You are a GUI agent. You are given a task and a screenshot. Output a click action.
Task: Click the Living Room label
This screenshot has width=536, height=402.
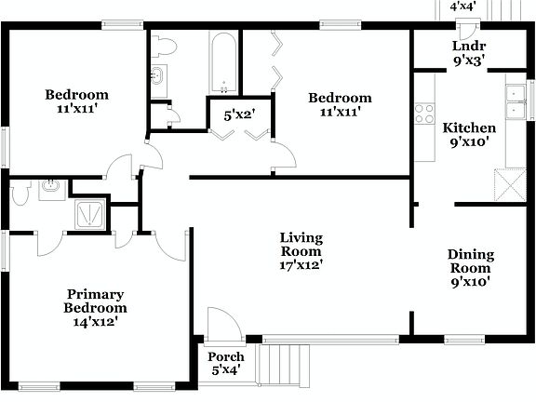point(301,244)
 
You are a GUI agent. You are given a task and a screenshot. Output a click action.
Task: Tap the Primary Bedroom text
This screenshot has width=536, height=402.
point(94,301)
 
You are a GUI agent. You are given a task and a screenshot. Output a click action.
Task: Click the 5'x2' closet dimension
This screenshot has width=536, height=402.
point(239,116)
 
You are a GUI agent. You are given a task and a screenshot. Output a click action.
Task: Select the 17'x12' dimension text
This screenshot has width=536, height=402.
point(301,264)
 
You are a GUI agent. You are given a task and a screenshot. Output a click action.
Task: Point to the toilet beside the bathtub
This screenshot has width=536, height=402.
point(166,46)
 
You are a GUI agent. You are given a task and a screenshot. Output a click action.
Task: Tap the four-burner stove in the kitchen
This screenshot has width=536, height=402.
point(425,114)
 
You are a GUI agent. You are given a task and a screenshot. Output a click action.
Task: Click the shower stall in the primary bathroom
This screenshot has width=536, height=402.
point(90,213)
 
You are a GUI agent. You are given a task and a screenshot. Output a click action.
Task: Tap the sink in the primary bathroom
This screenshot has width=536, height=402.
point(50,188)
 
